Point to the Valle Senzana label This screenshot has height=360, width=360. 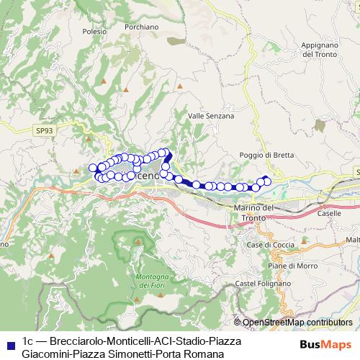click(211, 115)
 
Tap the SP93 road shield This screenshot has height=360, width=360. click(43, 130)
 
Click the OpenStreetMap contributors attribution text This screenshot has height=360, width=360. click(297, 323)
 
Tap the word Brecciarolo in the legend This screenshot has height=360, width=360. click(75, 339)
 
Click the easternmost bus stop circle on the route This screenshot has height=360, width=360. click(268, 181)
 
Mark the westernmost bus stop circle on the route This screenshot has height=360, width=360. click(93, 168)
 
